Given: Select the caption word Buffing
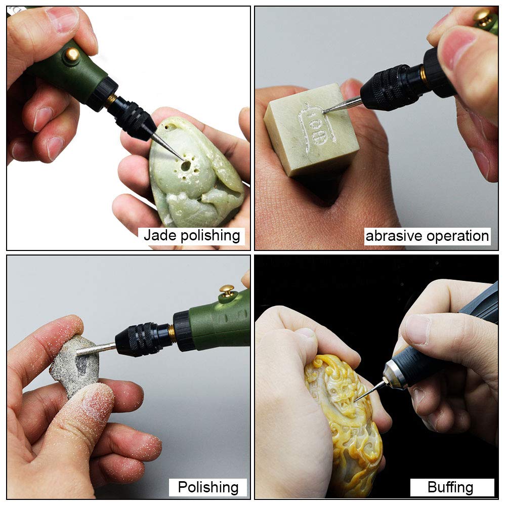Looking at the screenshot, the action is [x=450, y=487].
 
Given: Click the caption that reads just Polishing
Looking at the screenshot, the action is [x=208, y=487].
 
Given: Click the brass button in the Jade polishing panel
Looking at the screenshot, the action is [x=72, y=54].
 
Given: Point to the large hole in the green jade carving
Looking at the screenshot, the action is [x=186, y=166].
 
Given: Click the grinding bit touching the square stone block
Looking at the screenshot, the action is [x=342, y=105].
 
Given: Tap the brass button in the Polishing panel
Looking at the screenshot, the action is [x=227, y=290].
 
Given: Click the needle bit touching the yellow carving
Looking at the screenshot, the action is [x=370, y=391].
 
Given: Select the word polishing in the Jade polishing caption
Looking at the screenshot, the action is [x=210, y=236].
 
